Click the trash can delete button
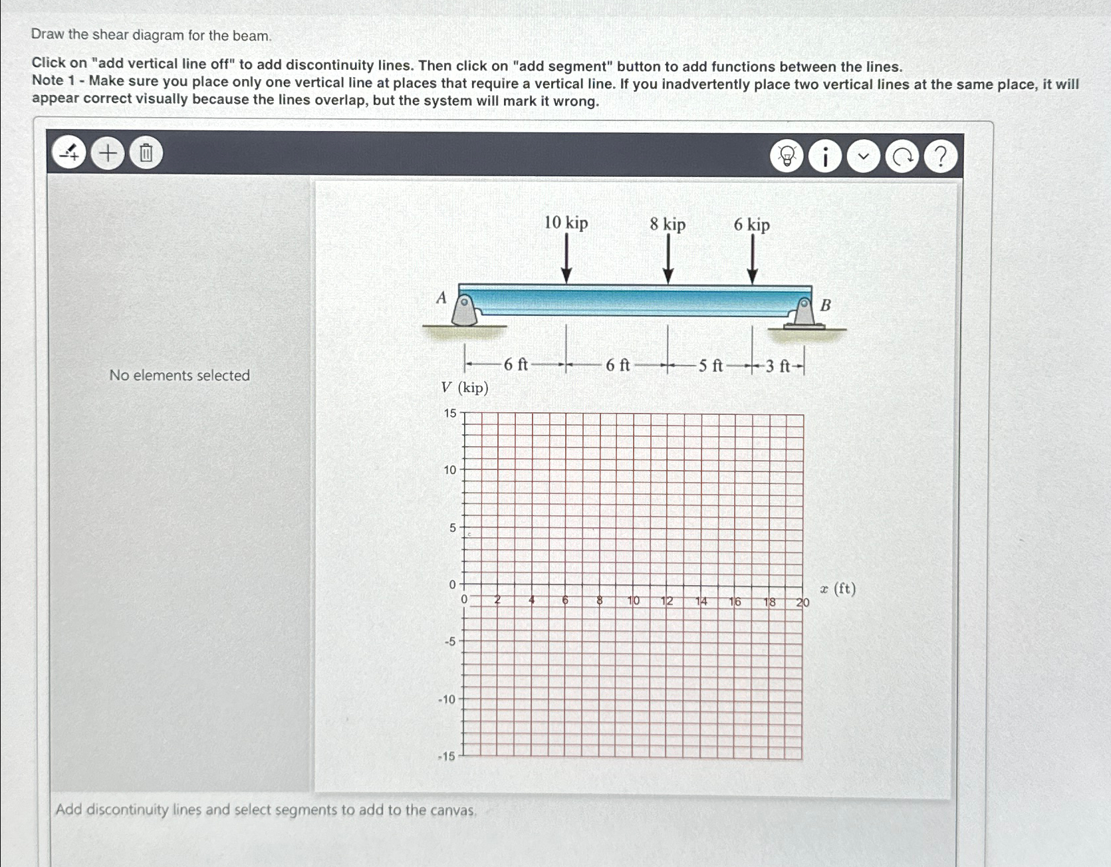click(x=146, y=154)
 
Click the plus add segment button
click(x=108, y=154)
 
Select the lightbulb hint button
click(x=787, y=157)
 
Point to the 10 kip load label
click(x=566, y=223)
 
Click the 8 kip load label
click(x=668, y=225)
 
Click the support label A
click(x=441, y=298)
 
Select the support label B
click(x=826, y=305)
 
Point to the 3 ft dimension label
click(x=777, y=366)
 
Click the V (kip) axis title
click(x=465, y=388)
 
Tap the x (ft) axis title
click(x=838, y=589)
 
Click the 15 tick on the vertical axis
click(x=450, y=414)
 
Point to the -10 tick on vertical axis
click(x=447, y=699)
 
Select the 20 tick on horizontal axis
click(x=802, y=602)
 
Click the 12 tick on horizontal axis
click(x=667, y=601)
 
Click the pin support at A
click(x=464, y=311)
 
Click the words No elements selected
click(x=180, y=376)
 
